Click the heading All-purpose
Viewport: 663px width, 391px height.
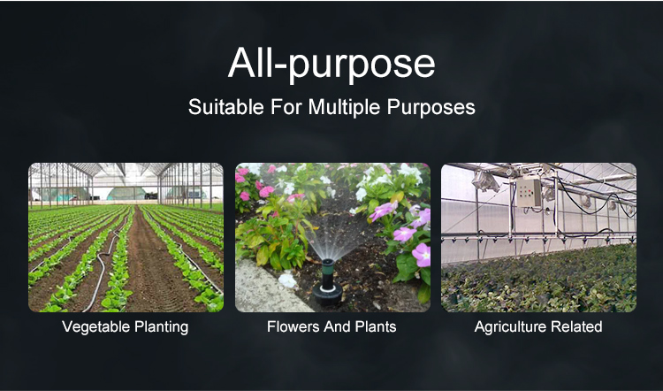point(331,65)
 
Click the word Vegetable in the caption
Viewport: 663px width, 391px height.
point(96,327)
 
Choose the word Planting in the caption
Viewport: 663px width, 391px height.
point(162,327)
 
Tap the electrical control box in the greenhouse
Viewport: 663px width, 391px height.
point(529,192)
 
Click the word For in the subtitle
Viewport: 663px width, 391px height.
point(286,107)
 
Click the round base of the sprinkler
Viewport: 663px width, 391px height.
point(328,295)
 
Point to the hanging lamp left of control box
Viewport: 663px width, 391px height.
point(485,181)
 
